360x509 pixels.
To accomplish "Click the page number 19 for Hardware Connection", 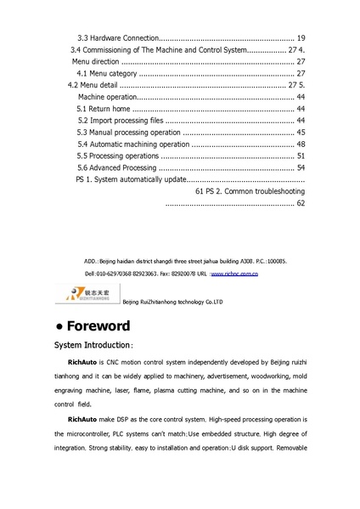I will pyautogui.click(x=301, y=38).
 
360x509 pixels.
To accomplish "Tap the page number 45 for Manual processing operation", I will pyautogui.click(x=301, y=133).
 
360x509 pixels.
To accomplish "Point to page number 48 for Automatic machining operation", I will pyautogui.click(x=301, y=145).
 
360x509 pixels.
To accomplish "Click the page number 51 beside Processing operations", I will pyautogui.click(x=301, y=157).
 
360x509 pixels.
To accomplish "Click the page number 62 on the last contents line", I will pyautogui.click(x=301, y=205).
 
